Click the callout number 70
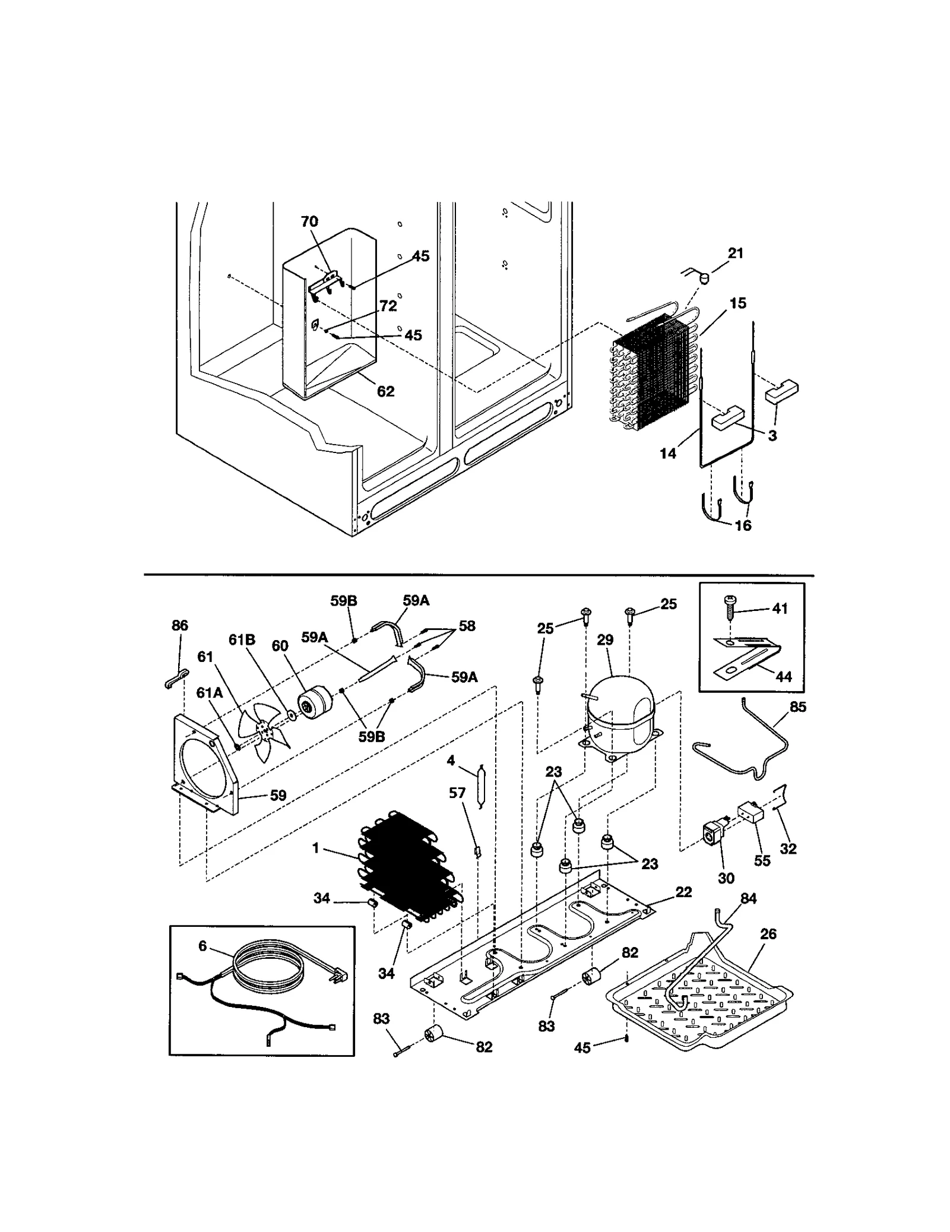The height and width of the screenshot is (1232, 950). [x=309, y=221]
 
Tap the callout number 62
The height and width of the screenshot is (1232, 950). [x=385, y=391]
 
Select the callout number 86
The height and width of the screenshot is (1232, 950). [x=179, y=625]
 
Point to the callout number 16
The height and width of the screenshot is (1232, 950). [x=743, y=525]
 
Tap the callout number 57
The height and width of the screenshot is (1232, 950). [x=457, y=793]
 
